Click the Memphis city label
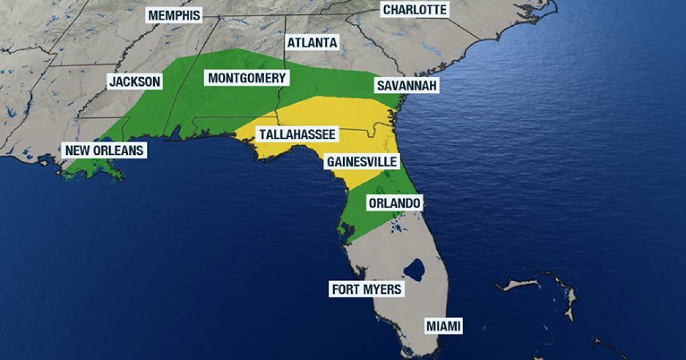pyautogui.click(x=174, y=15)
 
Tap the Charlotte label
pyautogui.click(x=414, y=10)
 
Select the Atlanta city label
pyautogui.click(x=312, y=43)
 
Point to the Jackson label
pyautogui.click(x=135, y=82)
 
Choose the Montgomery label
pyautogui.click(x=246, y=78)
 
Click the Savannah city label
pyautogui.click(x=407, y=86)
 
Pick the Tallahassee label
pyautogui.click(x=297, y=135)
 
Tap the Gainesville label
pyautogui.click(x=361, y=162)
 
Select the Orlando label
pyautogui.click(x=394, y=203)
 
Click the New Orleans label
pyautogui.click(x=104, y=151)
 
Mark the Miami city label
pyautogui.click(x=444, y=326)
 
